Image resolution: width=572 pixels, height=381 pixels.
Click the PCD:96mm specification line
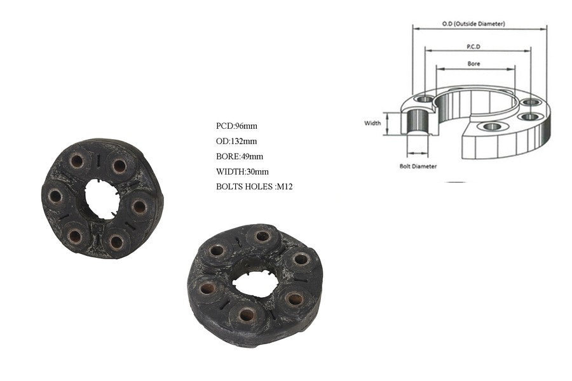click(236, 126)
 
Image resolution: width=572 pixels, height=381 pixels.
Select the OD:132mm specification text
click(236, 141)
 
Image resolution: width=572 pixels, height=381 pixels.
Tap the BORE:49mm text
click(240, 156)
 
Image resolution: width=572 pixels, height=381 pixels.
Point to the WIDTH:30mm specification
click(242, 171)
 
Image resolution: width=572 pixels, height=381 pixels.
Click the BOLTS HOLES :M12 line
click(254, 187)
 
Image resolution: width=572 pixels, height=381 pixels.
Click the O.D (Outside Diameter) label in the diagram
click(473, 23)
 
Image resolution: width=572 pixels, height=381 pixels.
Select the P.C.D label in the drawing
click(473, 46)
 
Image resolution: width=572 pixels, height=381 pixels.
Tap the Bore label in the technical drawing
click(473, 63)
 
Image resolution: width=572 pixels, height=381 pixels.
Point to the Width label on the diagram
click(372, 123)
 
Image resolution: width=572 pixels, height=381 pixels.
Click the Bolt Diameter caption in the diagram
click(418, 166)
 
